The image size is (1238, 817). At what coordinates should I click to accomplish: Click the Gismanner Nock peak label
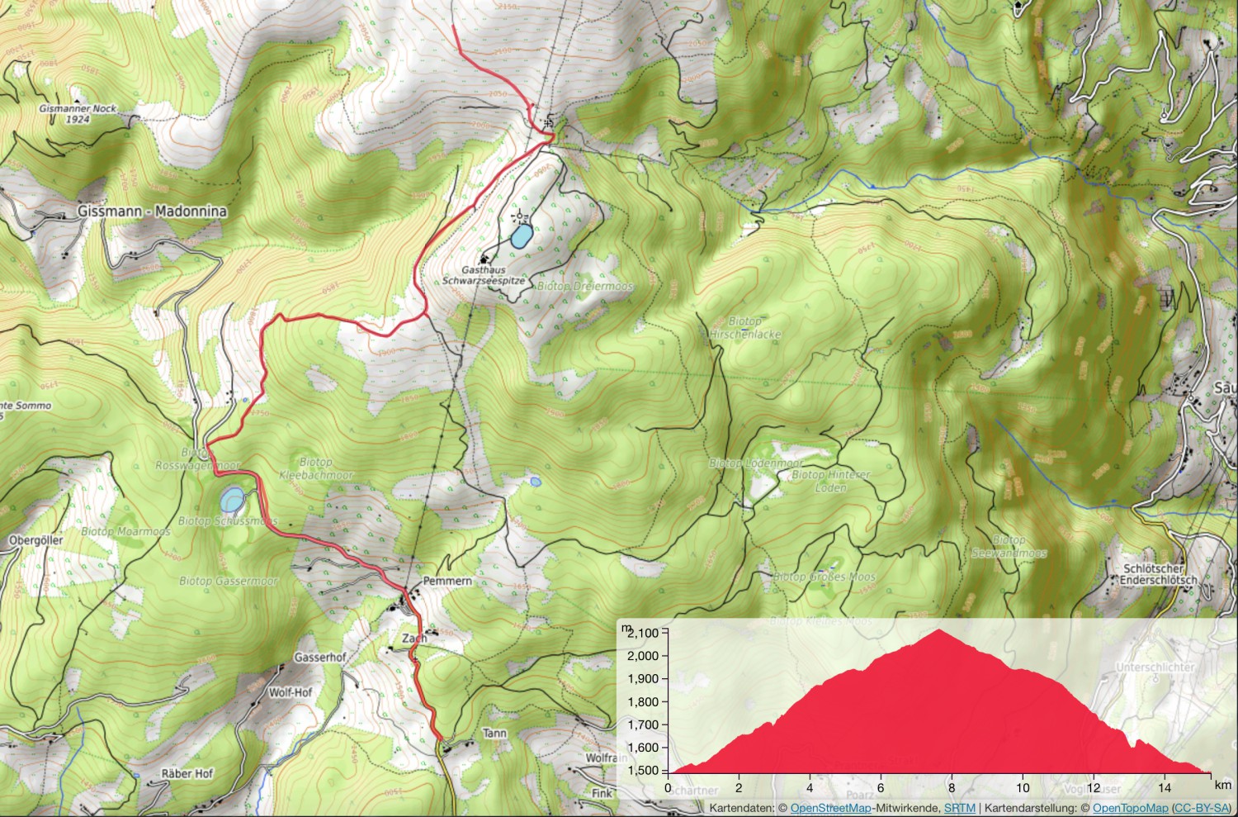[78, 114]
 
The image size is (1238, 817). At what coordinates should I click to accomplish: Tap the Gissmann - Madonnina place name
[152, 211]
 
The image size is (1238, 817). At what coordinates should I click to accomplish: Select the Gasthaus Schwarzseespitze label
[483, 275]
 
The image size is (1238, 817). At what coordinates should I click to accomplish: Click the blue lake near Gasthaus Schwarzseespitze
[520, 237]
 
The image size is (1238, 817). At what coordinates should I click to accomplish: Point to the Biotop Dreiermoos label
[585, 286]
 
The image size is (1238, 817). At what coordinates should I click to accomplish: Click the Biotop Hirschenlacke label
[744, 328]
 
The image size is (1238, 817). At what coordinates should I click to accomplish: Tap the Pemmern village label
[447, 582]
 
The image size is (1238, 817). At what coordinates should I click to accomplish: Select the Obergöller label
[35, 540]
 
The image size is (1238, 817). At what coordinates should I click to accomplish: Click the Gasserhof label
[320, 658]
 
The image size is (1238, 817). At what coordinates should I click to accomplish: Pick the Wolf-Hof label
[291, 692]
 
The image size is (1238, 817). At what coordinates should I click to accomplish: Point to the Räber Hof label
[187, 773]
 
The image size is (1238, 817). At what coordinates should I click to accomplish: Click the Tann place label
[494, 734]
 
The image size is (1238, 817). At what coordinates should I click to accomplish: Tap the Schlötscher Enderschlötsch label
[1159, 574]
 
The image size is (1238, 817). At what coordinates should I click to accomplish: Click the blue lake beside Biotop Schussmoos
[232, 499]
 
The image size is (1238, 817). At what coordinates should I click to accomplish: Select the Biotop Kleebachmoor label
[315, 469]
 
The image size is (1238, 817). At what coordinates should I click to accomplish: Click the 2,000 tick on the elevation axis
[643, 656]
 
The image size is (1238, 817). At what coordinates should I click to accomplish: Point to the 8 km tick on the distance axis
[952, 787]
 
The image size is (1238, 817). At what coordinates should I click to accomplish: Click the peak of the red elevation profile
[939, 630]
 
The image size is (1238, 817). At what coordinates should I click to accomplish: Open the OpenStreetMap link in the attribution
[830, 808]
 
